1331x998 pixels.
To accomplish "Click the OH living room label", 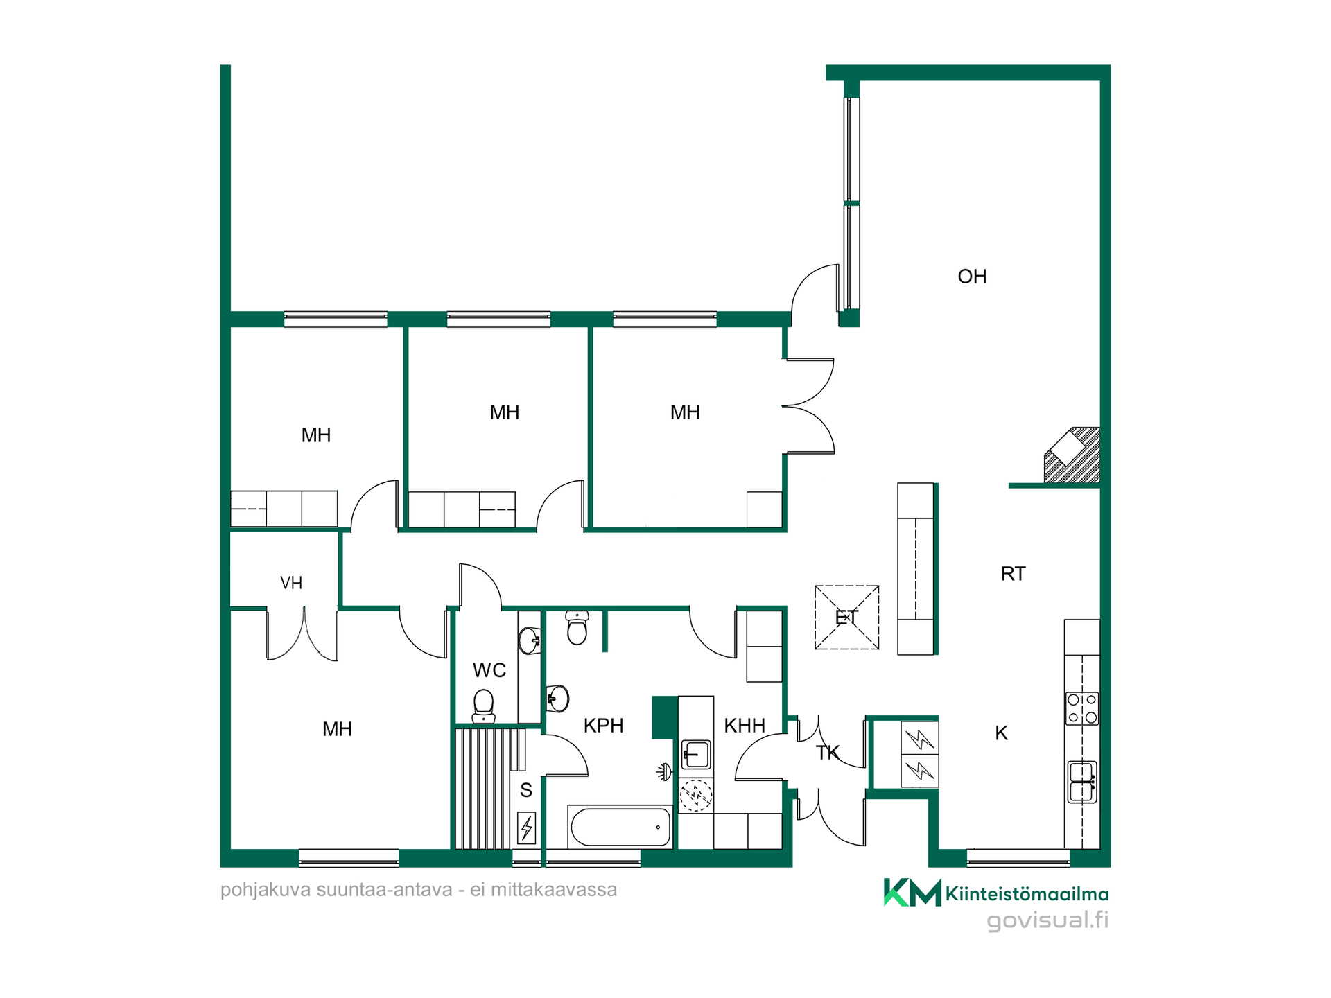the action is pos(972,277).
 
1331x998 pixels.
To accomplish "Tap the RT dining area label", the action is pos(1013,574).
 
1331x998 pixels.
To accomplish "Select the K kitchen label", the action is pos(1001,733).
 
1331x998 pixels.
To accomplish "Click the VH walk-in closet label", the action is pos(291,583).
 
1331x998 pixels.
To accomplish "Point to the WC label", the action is pos(489,670).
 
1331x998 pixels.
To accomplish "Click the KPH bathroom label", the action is pos(603,726).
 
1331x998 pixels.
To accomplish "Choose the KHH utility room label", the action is pos(745,726).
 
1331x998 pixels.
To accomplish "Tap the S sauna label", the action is pos(526,790).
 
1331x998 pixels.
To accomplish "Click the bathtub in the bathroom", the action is pos(620,826).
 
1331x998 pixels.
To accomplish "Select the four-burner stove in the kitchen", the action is pos(1082,708).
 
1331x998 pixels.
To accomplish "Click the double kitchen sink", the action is pos(1082,782).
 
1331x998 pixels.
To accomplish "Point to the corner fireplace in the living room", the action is pos(1072,455).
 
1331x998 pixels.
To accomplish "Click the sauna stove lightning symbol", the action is pos(527,828).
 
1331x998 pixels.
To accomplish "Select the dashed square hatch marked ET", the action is pos(846,618).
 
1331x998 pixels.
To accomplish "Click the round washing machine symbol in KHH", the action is pos(695,795).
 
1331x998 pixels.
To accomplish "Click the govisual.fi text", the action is pos(1047,920).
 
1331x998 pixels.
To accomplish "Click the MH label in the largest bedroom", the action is pos(337,729).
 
